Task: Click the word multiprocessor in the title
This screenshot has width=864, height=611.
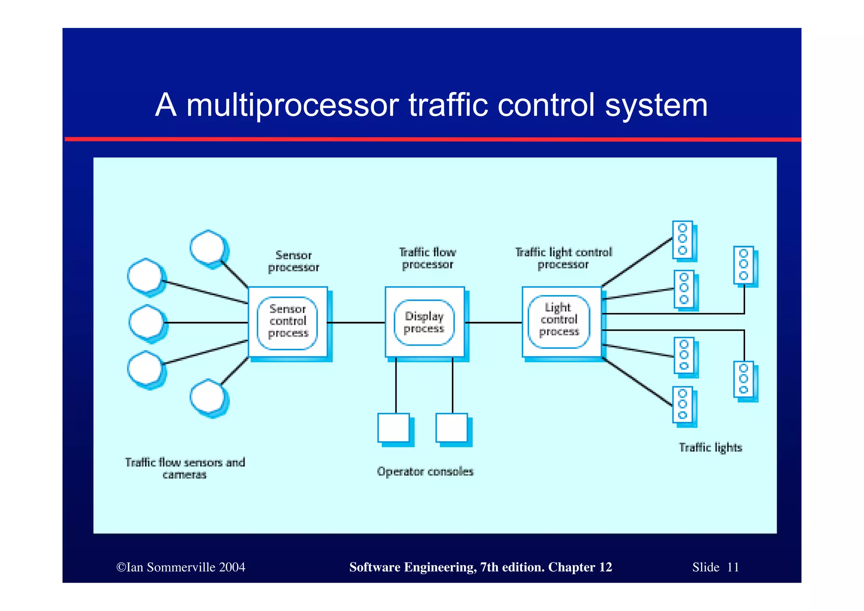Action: pos(292,105)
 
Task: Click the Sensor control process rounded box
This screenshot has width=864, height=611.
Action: pos(287,323)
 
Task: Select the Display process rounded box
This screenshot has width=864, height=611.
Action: pos(424,323)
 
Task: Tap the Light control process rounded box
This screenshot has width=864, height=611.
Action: pos(559,321)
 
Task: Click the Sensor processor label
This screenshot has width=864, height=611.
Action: pos(294,261)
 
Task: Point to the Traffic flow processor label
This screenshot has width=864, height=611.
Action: pos(427,258)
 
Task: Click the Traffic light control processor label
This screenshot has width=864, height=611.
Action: pos(563,258)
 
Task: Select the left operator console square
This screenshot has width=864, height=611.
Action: pos(394,428)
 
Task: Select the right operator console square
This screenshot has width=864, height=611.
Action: pos(451,428)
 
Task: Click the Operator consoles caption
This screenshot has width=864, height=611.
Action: pos(425,472)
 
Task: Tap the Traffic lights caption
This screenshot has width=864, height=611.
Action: pos(710,448)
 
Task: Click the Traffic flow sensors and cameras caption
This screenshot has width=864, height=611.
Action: pos(185,468)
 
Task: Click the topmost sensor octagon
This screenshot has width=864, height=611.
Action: pos(207,247)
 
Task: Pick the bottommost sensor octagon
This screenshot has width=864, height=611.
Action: pos(207,396)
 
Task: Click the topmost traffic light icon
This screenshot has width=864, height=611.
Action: pos(683,239)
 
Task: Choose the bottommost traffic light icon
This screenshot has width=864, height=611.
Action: pos(683,405)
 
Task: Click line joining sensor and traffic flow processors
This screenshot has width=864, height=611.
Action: pos(356,323)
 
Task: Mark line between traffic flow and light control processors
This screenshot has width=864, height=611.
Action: pos(493,323)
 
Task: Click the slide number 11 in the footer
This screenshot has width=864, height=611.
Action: pos(733,567)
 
